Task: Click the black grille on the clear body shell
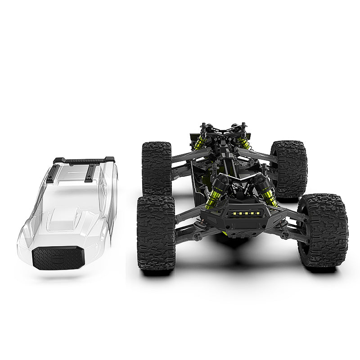tap(58, 258)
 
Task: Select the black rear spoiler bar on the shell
tap(84, 160)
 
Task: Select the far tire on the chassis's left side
tap(157, 167)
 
